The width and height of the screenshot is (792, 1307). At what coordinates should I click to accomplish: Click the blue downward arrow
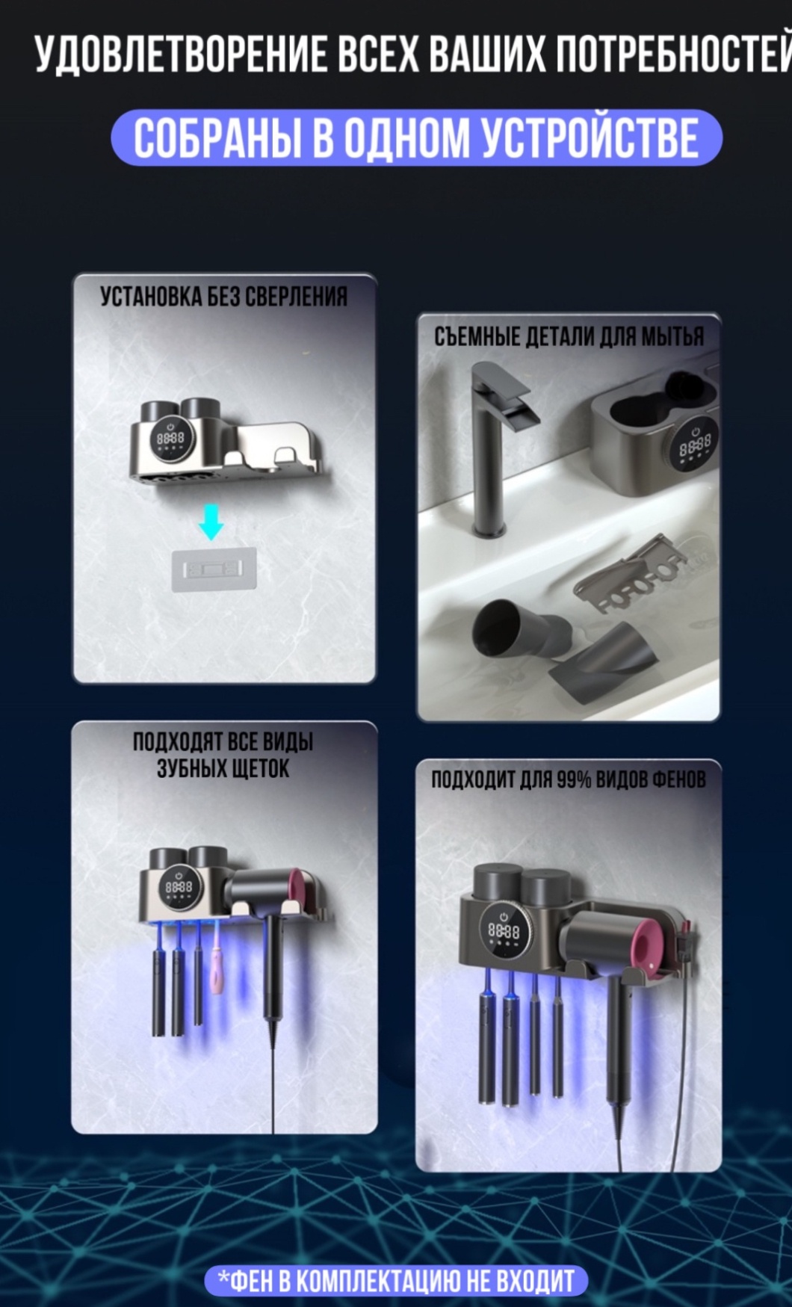coord(211,522)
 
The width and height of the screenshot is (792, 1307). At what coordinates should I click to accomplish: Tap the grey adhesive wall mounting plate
coord(214,570)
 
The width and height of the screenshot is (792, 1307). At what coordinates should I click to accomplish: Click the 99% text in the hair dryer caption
coord(574,780)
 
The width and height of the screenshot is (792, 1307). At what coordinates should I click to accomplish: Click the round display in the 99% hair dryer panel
coord(504,930)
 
